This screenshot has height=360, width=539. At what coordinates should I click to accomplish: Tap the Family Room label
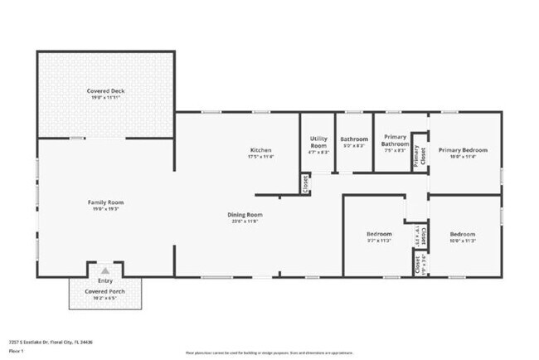point(105,202)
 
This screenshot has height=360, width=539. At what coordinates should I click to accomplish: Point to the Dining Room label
point(245,215)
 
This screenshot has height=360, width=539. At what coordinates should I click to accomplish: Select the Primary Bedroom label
point(464,150)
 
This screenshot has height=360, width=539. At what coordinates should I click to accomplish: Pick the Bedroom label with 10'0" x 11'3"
point(462,235)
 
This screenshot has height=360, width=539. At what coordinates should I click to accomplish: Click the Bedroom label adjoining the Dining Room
point(378,235)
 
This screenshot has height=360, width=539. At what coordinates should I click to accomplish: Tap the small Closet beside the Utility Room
point(305,183)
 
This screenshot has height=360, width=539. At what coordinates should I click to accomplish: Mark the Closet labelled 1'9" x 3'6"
point(417,265)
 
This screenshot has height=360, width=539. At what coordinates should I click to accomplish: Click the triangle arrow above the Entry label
point(105,270)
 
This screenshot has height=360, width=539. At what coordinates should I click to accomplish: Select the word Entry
point(105,281)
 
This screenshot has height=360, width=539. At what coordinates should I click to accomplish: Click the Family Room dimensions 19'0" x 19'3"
point(105,209)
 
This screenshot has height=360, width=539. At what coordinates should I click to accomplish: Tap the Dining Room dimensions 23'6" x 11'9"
point(245,221)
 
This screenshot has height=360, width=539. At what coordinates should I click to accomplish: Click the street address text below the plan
point(51,342)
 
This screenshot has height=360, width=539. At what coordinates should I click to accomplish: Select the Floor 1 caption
point(17,351)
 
